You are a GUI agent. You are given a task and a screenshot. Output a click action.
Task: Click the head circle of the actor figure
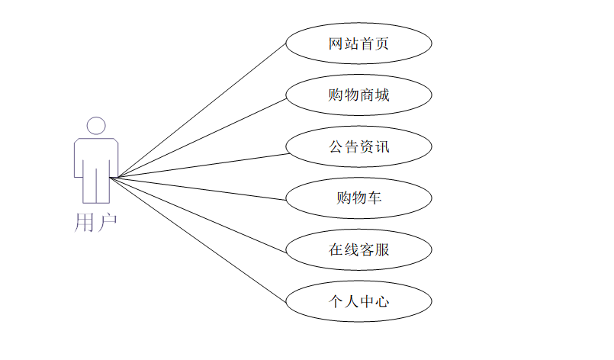pyautogui.click(x=96, y=127)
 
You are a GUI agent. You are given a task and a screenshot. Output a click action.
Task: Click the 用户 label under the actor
pyautogui.click(x=96, y=223)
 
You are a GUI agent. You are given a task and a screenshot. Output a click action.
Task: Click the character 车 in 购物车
pyautogui.click(x=374, y=198)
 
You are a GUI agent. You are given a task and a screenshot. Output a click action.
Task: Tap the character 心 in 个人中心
pyautogui.click(x=382, y=302)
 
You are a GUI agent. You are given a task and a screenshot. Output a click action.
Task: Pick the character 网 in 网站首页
pyautogui.click(x=336, y=43)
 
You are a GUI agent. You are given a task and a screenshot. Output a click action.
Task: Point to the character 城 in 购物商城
pyautogui.click(x=382, y=95)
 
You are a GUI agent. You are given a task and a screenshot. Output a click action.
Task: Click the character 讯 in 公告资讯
pyautogui.click(x=382, y=147)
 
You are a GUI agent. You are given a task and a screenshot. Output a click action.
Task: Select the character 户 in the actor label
pyautogui.click(x=107, y=223)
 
